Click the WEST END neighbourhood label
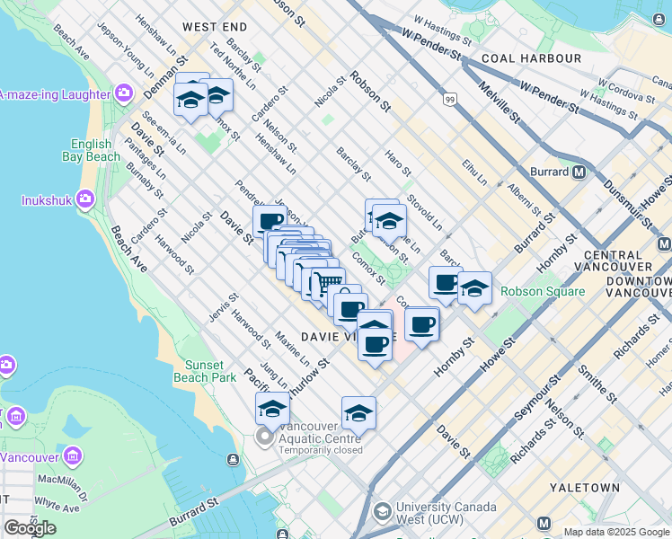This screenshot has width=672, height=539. [215, 28]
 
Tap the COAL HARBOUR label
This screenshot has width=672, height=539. [531, 58]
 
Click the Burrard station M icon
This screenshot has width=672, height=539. [580, 172]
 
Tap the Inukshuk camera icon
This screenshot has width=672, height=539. [86, 198]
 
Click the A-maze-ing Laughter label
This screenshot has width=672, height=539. [54, 93]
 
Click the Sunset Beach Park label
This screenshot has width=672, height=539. [211, 371]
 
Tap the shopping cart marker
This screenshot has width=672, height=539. [324, 285]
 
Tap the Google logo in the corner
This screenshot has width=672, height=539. [30, 528]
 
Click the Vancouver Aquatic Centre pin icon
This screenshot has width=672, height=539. [265, 437]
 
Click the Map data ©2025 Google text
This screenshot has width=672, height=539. [616, 532]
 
